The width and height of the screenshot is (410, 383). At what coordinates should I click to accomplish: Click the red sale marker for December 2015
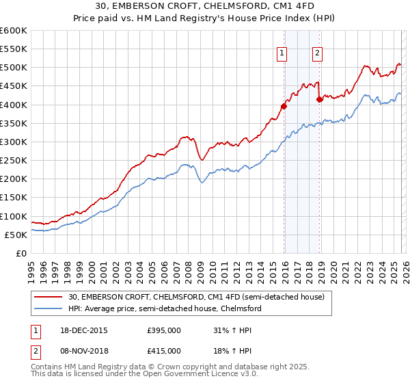click(284, 106)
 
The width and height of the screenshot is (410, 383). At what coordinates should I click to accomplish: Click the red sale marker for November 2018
click(319, 99)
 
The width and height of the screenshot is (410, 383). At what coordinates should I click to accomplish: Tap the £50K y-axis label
click(16, 235)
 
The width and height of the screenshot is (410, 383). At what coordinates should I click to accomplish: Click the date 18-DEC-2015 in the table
click(83, 330)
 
